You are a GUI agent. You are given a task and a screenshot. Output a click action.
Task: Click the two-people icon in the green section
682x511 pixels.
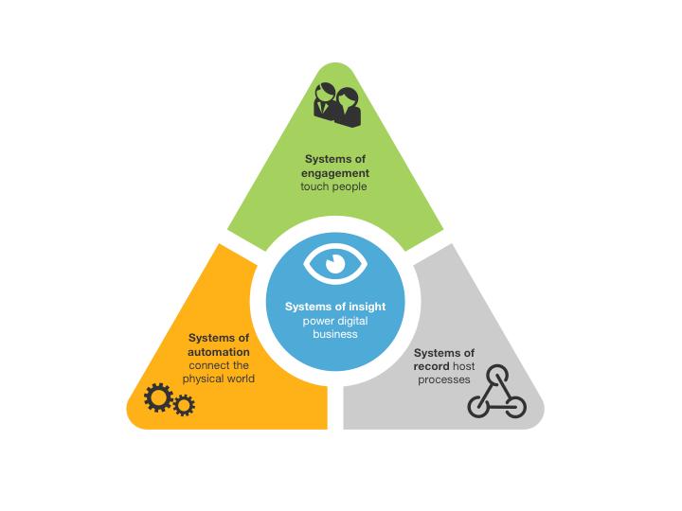tap(337, 105)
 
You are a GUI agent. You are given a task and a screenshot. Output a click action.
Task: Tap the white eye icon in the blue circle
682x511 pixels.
tap(335, 264)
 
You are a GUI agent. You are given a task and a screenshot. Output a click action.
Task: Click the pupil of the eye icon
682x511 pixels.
tap(335, 264)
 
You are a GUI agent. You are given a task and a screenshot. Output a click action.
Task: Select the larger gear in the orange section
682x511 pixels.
tap(158, 397)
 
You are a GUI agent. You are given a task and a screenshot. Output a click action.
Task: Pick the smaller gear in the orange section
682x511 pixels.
tap(184, 405)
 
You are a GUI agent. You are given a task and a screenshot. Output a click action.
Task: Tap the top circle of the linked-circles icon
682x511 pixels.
tap(496, 376)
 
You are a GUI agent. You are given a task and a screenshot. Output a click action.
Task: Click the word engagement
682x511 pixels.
tap(335, 173)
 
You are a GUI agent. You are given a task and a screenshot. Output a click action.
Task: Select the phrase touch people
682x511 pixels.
tap(333, 186)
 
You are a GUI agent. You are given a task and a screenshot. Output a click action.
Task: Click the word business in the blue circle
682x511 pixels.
tap(335, 334)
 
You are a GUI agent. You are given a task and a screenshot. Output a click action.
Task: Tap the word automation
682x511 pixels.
tap(219, 352)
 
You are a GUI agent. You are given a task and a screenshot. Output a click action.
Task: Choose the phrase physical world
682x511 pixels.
tap(219, 379)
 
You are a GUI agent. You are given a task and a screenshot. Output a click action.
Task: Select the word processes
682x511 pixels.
tap(444, 379)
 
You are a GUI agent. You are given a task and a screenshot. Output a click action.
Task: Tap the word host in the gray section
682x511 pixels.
tap(463, 366)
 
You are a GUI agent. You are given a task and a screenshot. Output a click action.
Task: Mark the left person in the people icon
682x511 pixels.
tap(325, 101)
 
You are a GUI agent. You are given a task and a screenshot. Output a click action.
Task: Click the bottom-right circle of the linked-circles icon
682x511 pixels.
tap(515, 407)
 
